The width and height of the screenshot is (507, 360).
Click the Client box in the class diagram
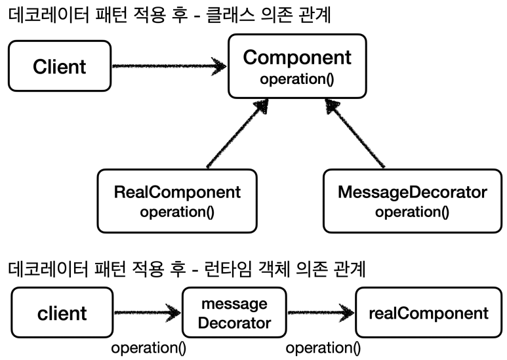[60, 66]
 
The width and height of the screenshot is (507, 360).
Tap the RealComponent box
[177, 200]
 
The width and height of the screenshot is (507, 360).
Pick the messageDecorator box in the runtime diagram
[234, 312]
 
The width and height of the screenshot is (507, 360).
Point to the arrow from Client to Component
[169, 66]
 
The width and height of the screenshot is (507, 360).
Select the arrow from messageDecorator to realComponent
[320, 312]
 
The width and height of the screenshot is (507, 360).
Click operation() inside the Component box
[296, 80]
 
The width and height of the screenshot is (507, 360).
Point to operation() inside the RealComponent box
[177, 212]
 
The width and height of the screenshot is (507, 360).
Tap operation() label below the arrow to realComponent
[323, 348]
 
